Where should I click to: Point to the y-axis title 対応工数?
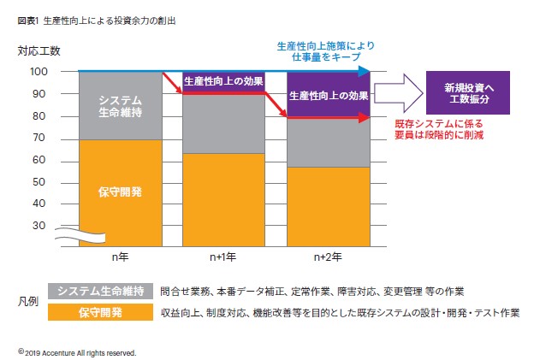pos(39,52)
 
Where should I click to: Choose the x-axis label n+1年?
pos(224,256)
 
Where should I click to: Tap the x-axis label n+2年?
pos(328,256)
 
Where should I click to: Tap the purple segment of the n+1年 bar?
pos(224,84)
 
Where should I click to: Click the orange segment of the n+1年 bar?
pos(224,199)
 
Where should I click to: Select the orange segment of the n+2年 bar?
pos(328,206)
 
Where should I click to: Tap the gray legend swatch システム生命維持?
pos(101,292)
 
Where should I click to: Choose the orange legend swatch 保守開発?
pos(101,312)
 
